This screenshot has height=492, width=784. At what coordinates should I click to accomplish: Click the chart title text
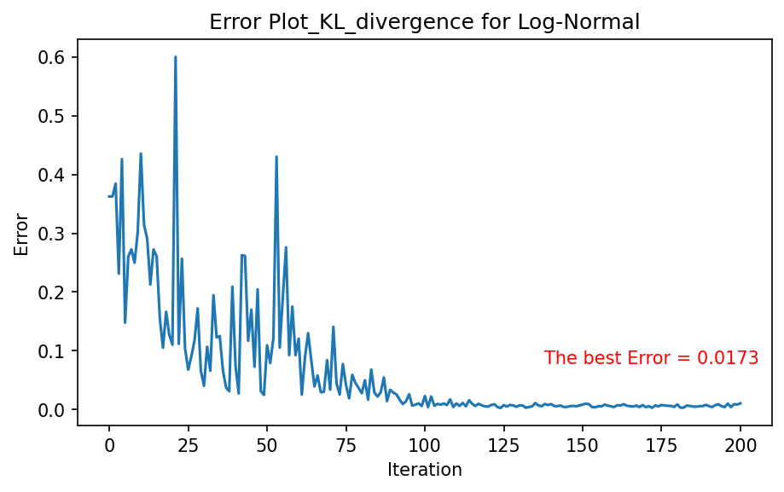pyautogui.click(x=424, y=22)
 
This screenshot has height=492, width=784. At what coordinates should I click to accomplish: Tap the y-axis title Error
pyautogui.click(x=21, y=234)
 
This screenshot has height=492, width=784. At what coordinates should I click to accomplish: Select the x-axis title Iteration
pyautogui.click(x=425, y=470)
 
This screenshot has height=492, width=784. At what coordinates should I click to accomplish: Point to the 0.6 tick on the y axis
pyautogui.click(x=51, y=57)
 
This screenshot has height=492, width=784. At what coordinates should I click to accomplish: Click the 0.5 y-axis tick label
pyautogui.click(x=51, y=116)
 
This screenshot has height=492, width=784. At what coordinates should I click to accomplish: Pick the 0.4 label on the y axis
pyautogui.click(x=51, y=175)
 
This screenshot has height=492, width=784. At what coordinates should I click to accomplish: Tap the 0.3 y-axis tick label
pyautogui.click(x=51, y=234)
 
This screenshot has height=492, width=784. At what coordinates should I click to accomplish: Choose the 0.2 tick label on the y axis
pyautogui.click(x=51, y=292)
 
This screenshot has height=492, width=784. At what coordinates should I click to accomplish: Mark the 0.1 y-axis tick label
pyautogui.click(x=51, y=350)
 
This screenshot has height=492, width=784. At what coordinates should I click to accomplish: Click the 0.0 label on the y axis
pyautogui.click(x=51, y=409)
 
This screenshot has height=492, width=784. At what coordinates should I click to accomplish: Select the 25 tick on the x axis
pyautogui.click(x=188, y=445)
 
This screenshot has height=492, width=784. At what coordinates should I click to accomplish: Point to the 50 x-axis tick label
pyautogui.click(x=266, y=445)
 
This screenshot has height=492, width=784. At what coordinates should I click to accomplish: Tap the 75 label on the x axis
pyautogui.click(x=346, y=445)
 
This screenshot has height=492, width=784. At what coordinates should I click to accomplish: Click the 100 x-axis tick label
pyautogui.click(x=425, y=445)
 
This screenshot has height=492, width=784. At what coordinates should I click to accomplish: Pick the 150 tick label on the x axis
pyautogui.click(x=583, y=445)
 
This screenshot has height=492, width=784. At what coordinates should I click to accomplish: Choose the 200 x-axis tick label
pyautogui.click(x=740, y=445)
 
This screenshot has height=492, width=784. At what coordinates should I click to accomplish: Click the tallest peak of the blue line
pyautogui.click(x=176, y=57)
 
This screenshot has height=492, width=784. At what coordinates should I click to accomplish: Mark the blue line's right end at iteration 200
pyautogui.click(x=740, y=403)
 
